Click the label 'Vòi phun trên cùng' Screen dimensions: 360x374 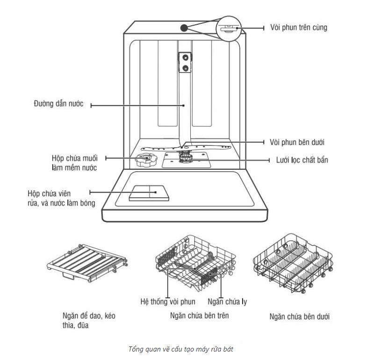tap(298, 27)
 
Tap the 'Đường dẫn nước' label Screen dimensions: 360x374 tap(59, 104)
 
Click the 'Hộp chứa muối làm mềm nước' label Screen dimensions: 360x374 tap(75, 163)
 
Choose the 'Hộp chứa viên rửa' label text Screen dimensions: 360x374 tap(61, 198)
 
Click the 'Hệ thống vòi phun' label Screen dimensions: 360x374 tap(168, 302)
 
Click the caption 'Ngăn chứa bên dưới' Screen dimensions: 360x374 tap(300, 317)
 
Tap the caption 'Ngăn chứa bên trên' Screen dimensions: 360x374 tap(200, 316)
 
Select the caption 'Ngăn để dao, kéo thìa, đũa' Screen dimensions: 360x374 tap(89, 321)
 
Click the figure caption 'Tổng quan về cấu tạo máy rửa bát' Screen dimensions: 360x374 tap(187, 349)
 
